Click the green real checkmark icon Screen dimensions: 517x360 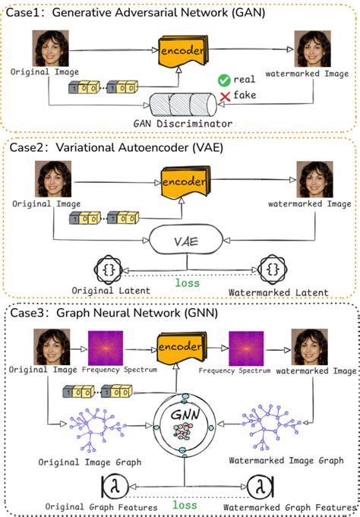coord(223,80)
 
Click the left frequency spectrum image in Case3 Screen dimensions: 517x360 coord(106,347)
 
